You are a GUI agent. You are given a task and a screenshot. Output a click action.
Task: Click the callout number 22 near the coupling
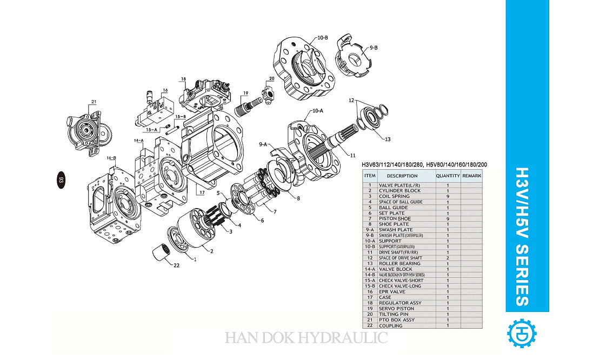pyautogui.click(x=176, y=265)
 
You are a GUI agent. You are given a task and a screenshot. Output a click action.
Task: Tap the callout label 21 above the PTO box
pyautogui.click(x=94, y=102)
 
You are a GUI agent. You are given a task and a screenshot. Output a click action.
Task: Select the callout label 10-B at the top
pyautogui.click(x=323, y=38)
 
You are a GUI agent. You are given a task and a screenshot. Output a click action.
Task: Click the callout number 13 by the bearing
pyautogui.click(x=387, y=139)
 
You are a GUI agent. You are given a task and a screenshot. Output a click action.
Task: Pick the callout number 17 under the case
pyautogui.click(x=202, y=192)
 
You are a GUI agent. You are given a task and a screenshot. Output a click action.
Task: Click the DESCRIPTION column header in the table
pyautogui.click(x=402, y=176)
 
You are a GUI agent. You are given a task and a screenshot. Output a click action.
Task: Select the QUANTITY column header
pyautogui.click(x=448, y=176)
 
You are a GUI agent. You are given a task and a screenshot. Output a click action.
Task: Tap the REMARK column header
pyautogui.click(x=471, y=176)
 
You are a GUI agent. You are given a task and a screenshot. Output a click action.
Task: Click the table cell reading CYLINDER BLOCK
pyautogui.click(x=399, y=191)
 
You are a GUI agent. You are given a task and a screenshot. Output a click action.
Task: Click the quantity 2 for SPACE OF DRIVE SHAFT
pyautogui.click(x=448, y=258)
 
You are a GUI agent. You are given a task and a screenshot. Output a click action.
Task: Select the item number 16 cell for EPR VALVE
pyautogui.click(x=370, y=292)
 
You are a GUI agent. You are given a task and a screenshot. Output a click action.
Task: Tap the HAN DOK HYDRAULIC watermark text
pyautogui.click(x=306, y=338)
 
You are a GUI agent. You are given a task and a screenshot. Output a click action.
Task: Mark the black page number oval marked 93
pyautogui.click(x=61, y=180)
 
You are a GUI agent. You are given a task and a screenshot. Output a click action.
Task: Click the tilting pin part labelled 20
pyautogui.click(x=269, y=91)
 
